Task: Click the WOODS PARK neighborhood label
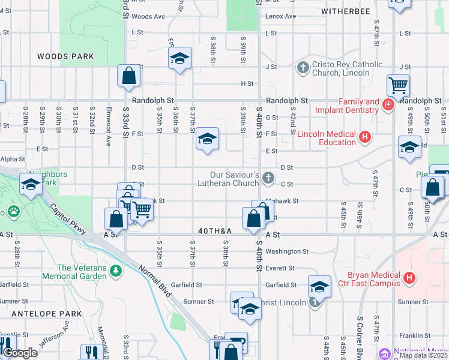tap(65, 56)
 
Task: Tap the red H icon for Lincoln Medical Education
tap(364, 139)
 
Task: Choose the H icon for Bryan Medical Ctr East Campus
tap(409, 278)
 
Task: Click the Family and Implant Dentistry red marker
tap(388, 106)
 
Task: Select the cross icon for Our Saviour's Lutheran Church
tap(268, 178)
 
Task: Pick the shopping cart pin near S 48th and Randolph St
tap(398, 85)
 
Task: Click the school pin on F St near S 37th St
tap(207, 139)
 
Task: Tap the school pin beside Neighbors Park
tap(31, 185)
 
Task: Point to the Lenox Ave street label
tap(281, 16)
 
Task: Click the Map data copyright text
tap(424, 355)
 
